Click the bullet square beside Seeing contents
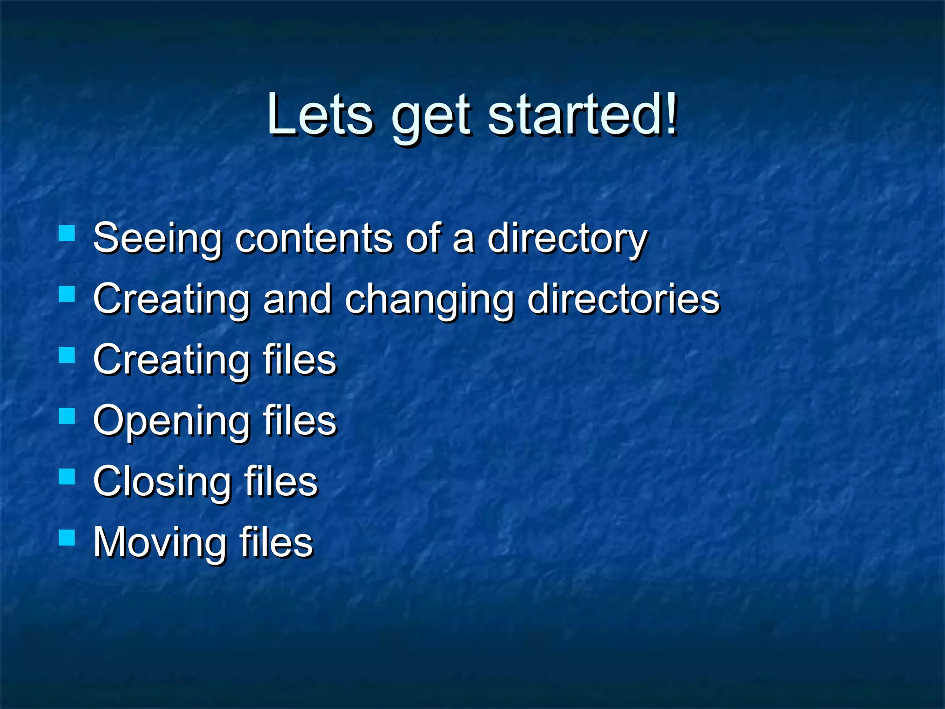pos(67,233)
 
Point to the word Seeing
pos(157,239)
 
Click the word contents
pos(314,239)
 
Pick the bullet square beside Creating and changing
pos(67,294)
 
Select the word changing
pos(429,300)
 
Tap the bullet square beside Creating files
pos(67,355)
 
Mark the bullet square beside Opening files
pos(67,416)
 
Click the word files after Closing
pos(281,481)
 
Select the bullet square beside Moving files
pos(67,537)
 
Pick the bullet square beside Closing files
pos(67,476)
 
